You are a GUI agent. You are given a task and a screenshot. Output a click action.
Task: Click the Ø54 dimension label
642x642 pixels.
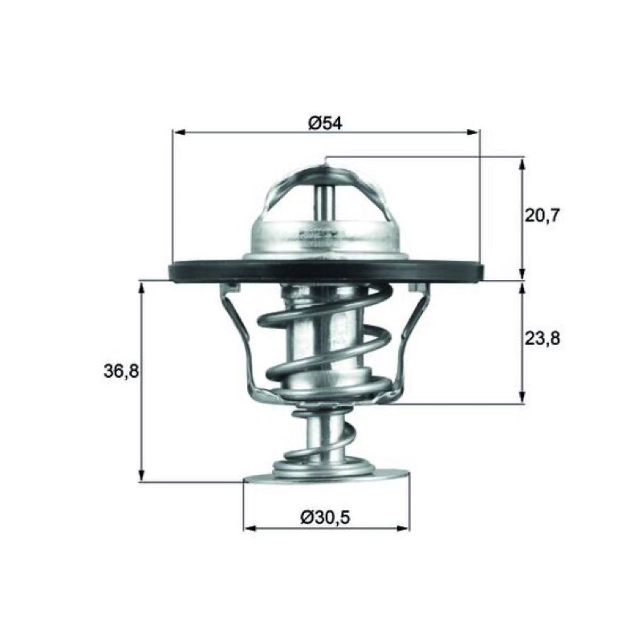(325, 123)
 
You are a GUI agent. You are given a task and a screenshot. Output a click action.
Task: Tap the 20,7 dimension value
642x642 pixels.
(542, 215)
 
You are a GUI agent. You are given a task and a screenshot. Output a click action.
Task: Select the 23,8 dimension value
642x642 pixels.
(542, 339)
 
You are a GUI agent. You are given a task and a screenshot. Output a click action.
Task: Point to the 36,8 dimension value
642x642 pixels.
(122, 372)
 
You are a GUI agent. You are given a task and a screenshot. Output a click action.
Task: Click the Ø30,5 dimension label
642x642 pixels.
(325, 518)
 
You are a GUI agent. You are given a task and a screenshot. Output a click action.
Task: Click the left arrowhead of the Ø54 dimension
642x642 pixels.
(180, 132)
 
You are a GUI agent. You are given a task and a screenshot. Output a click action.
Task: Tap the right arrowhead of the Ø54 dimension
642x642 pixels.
(472, 132)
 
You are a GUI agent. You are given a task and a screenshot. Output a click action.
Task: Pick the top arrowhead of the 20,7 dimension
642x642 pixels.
(522, 165)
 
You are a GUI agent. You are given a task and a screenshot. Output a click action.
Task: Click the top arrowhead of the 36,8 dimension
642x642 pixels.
(141, 290)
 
